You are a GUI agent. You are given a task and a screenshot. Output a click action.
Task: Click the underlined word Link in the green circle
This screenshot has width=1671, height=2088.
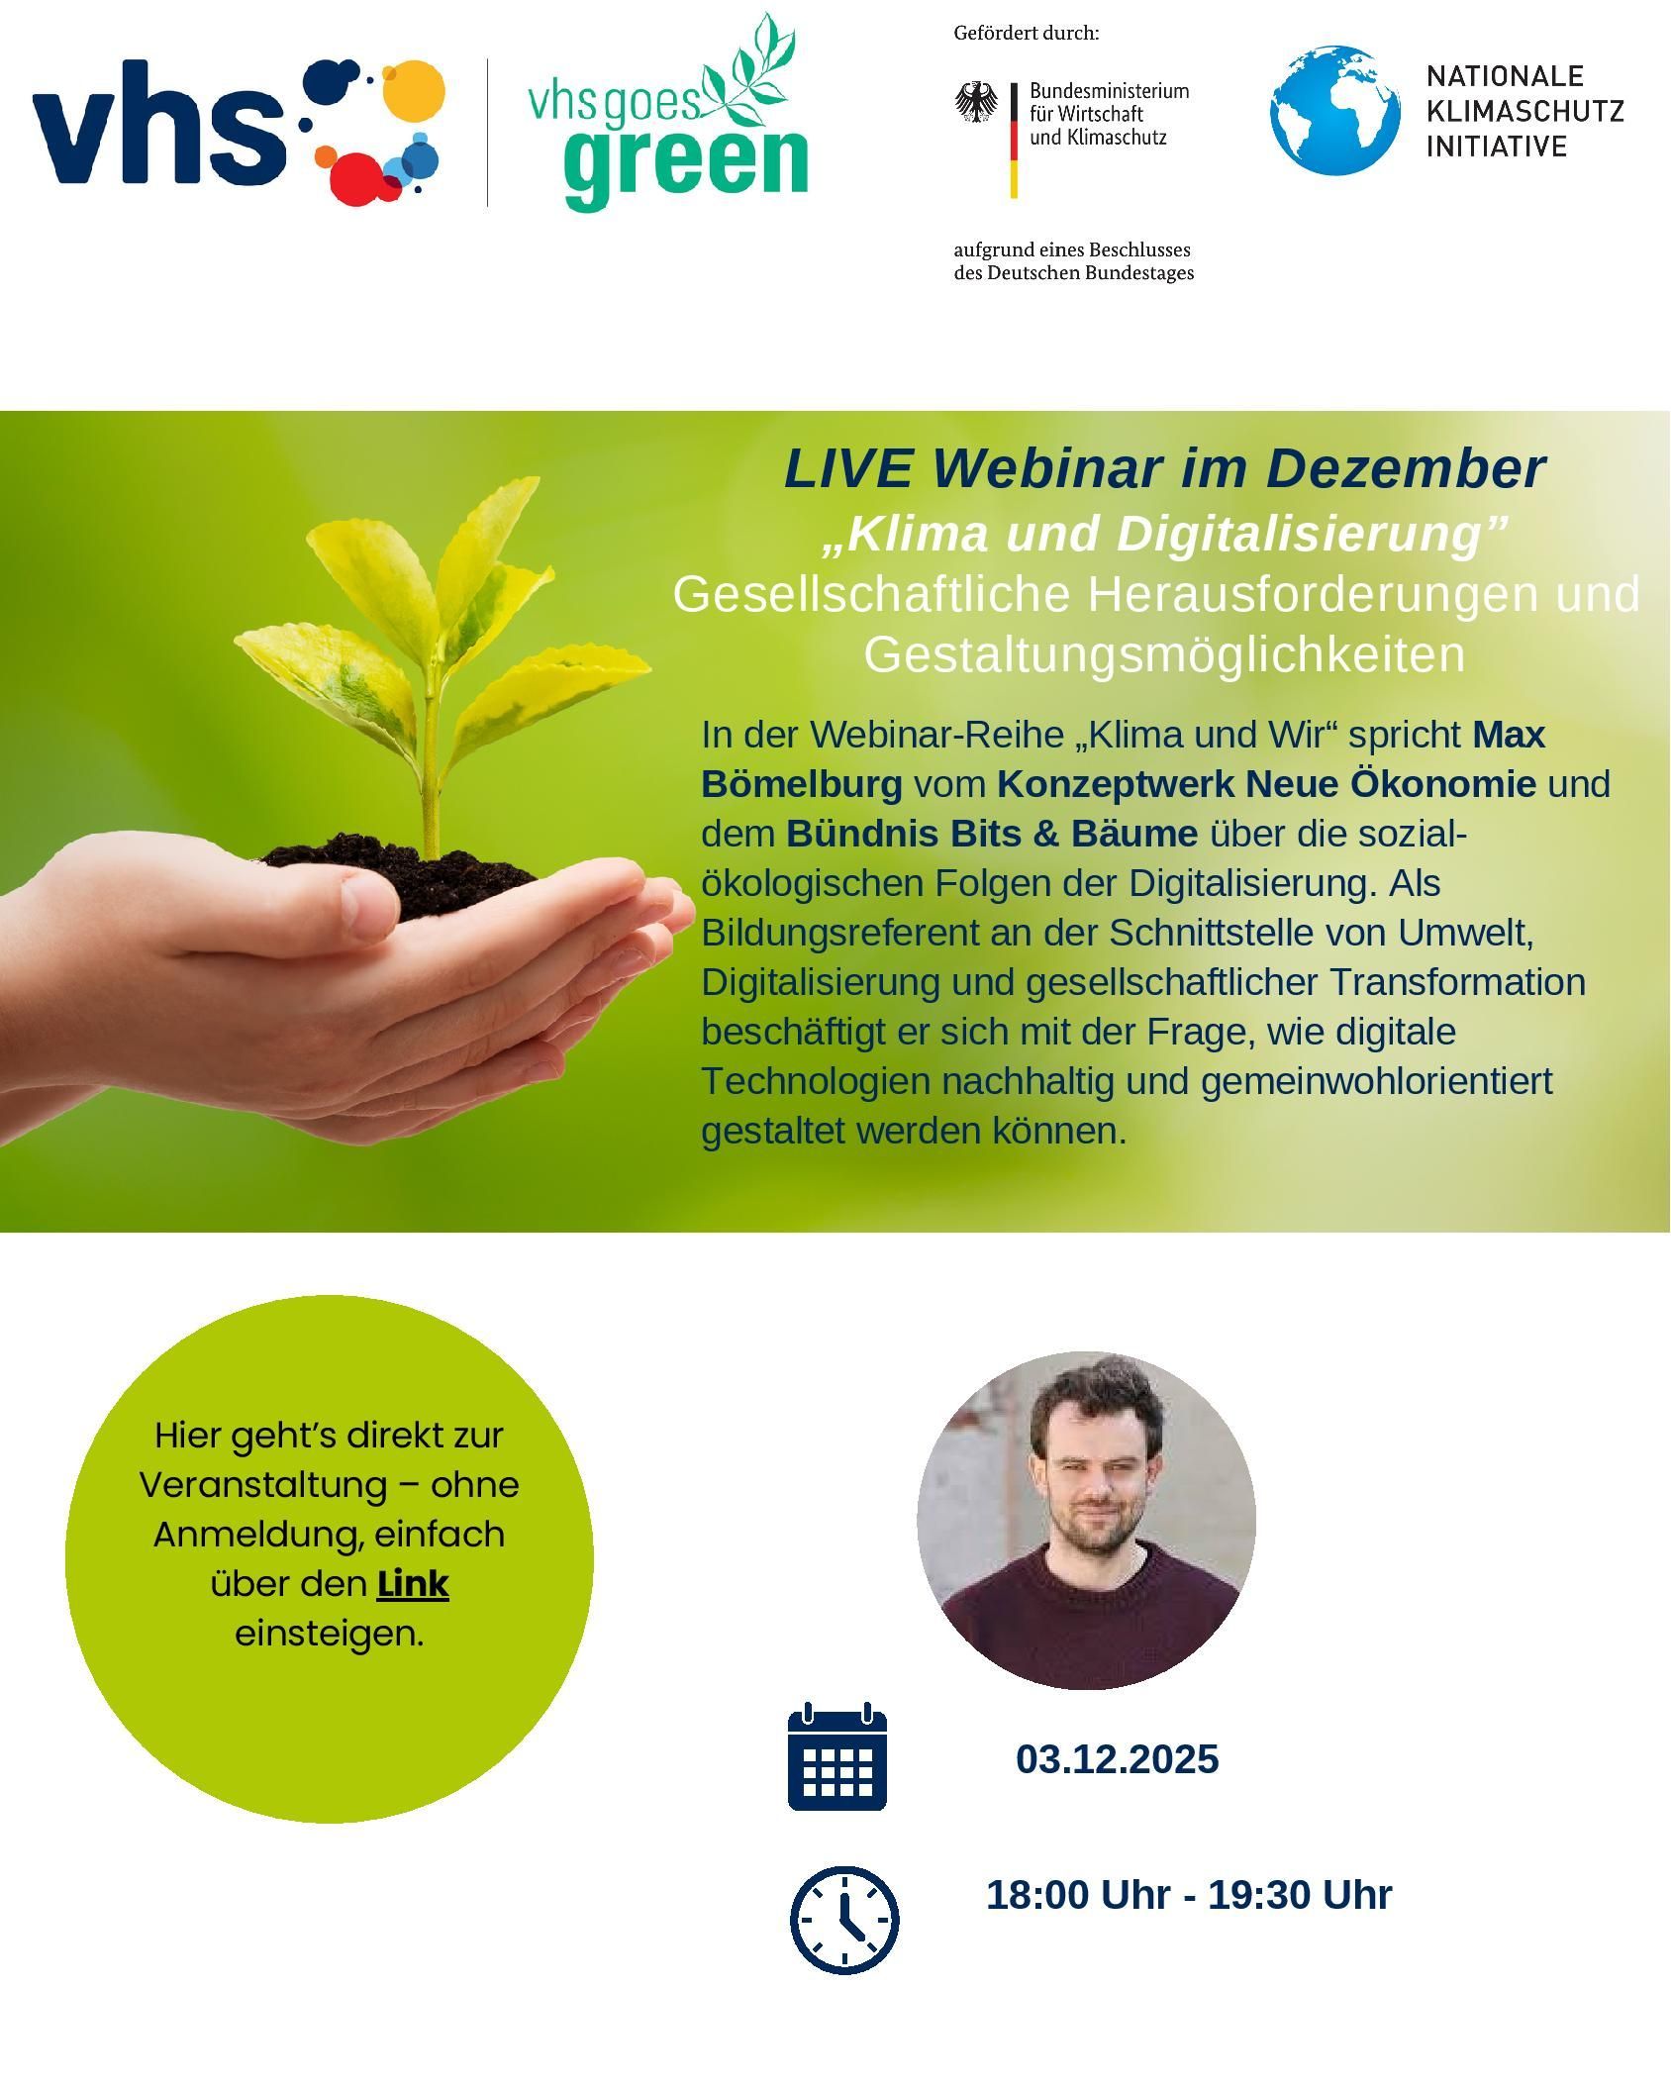click(413, 1584)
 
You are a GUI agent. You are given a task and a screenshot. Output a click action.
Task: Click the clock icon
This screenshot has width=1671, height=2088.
click(844, 1921)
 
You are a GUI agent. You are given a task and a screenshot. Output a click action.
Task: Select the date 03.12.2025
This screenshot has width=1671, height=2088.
click(1118, 1759)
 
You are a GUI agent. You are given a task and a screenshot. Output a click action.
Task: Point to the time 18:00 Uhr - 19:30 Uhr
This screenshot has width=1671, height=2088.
click(1189, 1895)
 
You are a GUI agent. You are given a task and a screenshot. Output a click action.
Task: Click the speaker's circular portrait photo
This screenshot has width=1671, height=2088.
click(1086, 1521)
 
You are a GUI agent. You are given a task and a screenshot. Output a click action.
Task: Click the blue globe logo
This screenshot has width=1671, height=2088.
click(1335, 110)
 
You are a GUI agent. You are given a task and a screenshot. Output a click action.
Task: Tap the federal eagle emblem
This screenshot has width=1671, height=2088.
click(977, 102)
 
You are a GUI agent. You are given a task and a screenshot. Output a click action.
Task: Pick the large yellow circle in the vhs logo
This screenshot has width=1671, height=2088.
click(413, 93)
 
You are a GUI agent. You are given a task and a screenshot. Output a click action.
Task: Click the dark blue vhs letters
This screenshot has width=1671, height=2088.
click(157, 123)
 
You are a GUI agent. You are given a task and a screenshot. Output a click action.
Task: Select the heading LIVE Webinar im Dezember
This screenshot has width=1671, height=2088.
click(1164, 467)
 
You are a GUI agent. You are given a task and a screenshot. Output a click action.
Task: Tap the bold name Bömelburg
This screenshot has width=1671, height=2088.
click(802, 784)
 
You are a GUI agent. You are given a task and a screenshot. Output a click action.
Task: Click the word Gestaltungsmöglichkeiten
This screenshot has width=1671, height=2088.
click(1164, 655)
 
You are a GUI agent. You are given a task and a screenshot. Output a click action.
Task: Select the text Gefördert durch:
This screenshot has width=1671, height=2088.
click(1027, 34)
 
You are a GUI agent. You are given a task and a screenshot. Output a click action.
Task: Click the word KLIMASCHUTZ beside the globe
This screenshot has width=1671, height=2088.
click(1525, 111)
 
